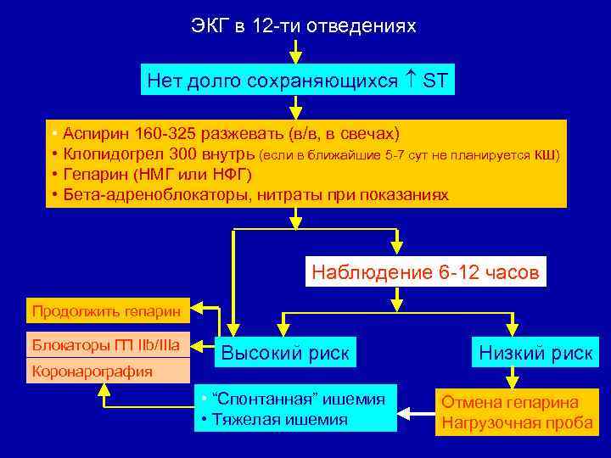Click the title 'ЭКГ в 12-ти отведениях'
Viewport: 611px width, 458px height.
(304, 26)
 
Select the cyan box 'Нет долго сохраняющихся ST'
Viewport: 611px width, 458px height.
(298, 81)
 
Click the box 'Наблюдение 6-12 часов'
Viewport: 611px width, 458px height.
(424, 272)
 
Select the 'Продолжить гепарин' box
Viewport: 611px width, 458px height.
(107, 311)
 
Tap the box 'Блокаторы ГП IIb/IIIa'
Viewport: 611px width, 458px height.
(107, 345)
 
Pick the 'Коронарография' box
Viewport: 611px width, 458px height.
(93, 371)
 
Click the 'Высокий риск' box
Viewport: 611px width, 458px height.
(285, 353)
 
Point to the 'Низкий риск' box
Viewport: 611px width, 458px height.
(535, 353)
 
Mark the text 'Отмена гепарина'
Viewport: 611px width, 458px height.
(508, 402)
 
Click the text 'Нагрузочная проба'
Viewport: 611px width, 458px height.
(513, 422)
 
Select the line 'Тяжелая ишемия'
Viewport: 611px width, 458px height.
(280, 419)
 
